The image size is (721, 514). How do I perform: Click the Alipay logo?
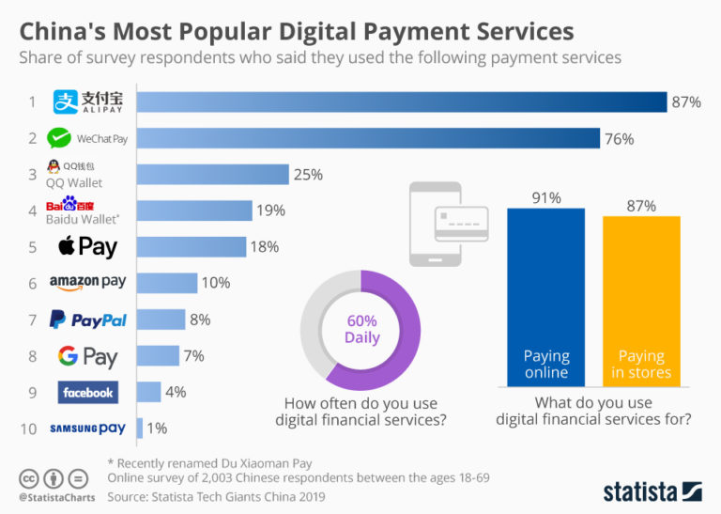(88, 101)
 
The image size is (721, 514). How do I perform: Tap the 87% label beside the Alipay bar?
(685, 101)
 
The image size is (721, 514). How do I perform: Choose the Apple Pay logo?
(87, 247)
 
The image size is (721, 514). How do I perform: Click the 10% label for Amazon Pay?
(215, 283)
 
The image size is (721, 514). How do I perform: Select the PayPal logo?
(88, 319)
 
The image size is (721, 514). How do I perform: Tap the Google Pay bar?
(158, 356)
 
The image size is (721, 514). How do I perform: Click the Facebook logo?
(87, 392)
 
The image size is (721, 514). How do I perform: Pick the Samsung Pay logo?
(87, 428)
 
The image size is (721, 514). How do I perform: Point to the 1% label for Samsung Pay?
(157, 428)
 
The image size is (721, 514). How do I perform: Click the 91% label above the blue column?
(545, 198)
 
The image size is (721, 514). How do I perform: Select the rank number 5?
(32, 247)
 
